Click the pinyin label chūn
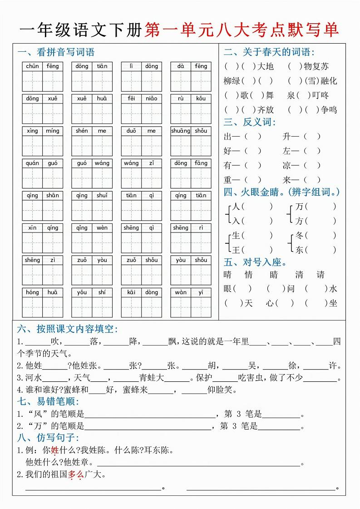coord(32,66)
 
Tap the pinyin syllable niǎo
coord(152,99)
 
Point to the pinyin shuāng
coord(181,131)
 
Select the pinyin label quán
coord(32,163)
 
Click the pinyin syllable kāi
coord(131,292)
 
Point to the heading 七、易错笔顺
coord(48,401)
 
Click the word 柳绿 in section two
coord(232,81)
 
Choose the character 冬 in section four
coord(299,235)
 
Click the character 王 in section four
coord(236,250)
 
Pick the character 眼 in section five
coord(228,289)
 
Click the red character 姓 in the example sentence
coord(54,451)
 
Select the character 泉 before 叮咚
coord(291,95)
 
